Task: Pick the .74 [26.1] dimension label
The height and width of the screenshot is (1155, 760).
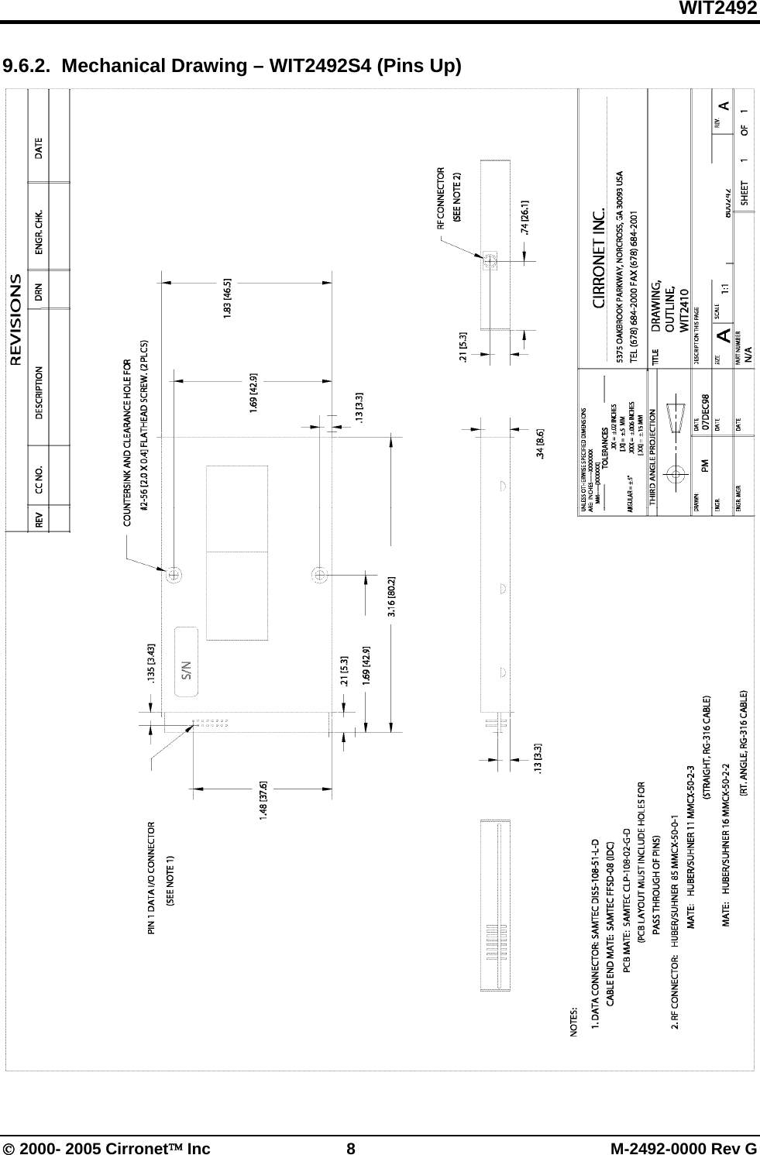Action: point(526,217)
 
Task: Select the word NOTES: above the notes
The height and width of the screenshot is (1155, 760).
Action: point(574,1021)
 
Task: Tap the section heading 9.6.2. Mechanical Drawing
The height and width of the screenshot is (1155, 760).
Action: point(232,65)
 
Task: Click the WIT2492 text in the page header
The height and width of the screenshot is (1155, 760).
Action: point(718,9)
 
